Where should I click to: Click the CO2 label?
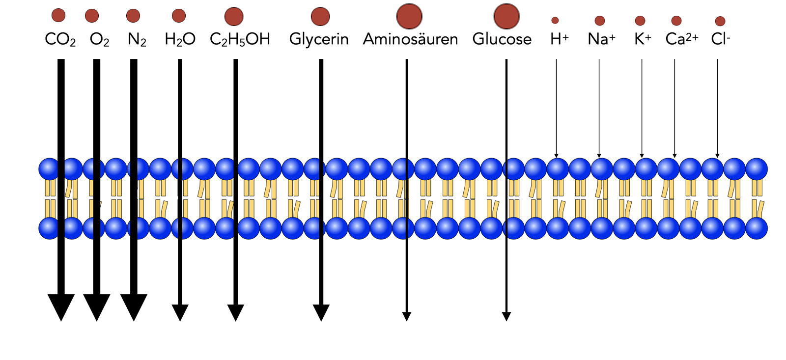coord(60,39)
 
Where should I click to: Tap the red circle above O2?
coord(92,16)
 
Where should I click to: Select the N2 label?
coord(137,39)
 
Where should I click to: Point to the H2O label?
coord(180,39)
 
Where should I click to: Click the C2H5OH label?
coord(240,39)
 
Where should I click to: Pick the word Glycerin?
coord(319,39)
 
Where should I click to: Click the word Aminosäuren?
coord(410,39)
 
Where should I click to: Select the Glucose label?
coord(502,39)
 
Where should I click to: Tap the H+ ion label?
coord(559,39)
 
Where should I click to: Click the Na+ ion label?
coord(601,39)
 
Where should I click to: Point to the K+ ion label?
coord(643,39)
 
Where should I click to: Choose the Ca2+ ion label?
coord(682,39)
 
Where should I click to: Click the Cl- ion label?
coord(720,39)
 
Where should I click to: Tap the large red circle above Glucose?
coord(506,16)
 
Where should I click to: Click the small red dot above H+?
coord(555,20)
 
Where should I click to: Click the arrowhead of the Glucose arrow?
coord(506,316)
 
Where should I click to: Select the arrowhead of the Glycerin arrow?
coord(321,312)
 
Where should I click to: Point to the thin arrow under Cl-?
coord(717,108)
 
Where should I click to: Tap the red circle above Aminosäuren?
coord(409,16)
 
